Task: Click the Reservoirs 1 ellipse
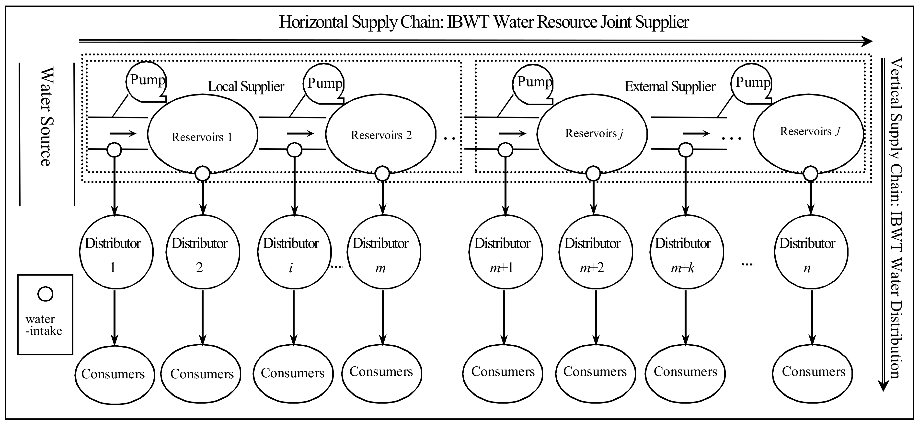click(x=202, y=135)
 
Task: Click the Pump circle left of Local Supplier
click(x=146, y=81)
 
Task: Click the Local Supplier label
click(x=246, y=86)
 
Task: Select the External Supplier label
click(x=670, y=86)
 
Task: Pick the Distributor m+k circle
click(x=685, y=252)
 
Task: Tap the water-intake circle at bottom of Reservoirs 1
click(x=202, y=174)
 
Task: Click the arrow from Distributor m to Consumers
click(x=382, y=317)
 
